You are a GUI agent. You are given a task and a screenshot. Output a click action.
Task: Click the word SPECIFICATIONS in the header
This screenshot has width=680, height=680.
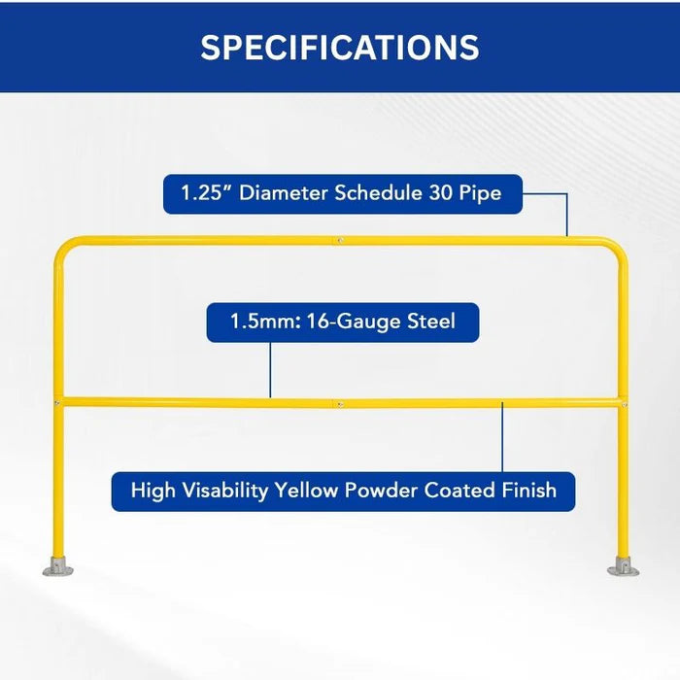(340, 48)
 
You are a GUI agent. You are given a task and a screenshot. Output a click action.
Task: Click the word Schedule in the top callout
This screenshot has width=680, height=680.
(378, 193)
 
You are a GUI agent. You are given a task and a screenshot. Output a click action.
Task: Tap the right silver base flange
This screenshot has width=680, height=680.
(623, 566)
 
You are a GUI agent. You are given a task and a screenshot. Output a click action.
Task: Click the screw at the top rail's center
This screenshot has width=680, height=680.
(339, 238)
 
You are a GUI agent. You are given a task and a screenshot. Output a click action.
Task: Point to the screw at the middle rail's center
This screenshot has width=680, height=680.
(339, 402)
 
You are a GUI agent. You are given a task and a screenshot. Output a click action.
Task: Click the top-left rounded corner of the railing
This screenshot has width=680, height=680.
(64, 247)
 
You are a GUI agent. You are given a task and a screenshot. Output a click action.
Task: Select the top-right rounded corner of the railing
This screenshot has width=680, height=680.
(616, 247)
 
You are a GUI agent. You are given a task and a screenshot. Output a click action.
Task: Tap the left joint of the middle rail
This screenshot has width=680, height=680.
(58, 400)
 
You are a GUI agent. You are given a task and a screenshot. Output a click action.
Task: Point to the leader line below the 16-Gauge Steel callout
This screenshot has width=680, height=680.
(270, 369)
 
